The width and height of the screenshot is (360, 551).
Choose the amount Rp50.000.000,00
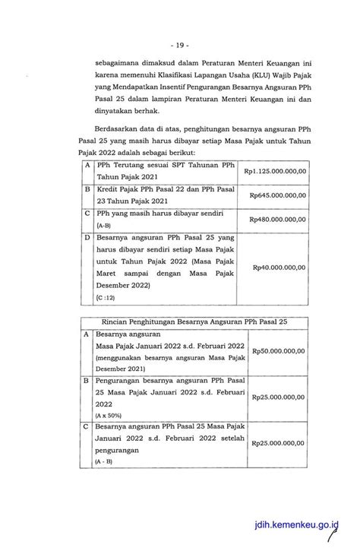(278, 351)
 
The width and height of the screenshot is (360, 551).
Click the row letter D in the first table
(88, 237)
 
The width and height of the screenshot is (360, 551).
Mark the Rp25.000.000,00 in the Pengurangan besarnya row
(278, 397)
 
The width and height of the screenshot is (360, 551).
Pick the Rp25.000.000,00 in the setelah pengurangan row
(278, 442)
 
